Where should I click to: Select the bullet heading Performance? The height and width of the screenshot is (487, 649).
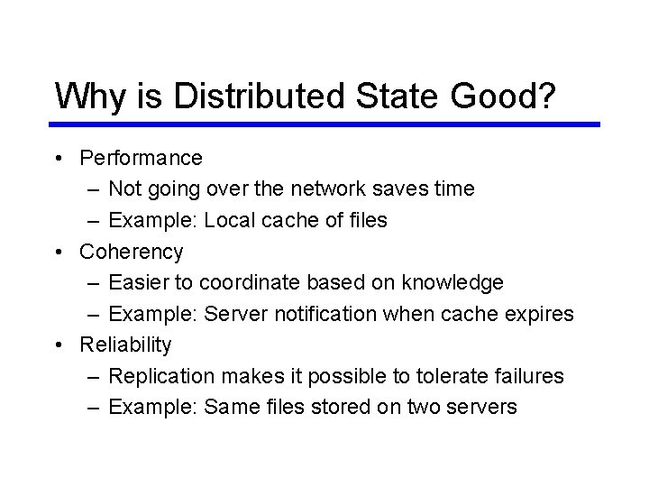[x=141, y=158]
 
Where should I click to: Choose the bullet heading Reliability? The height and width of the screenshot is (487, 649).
[x=125, y=345]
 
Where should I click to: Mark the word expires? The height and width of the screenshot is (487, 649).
[x=540, y=314]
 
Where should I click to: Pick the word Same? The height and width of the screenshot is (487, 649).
[x=232, y=407]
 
